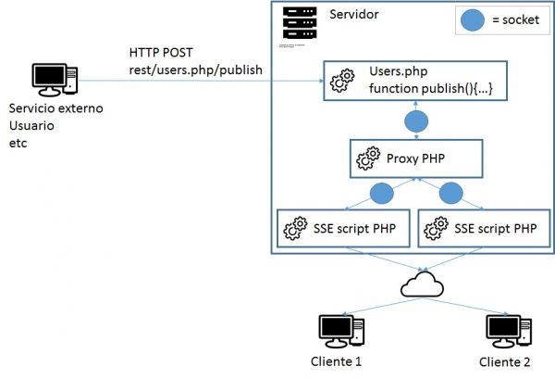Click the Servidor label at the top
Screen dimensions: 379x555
[354, 16]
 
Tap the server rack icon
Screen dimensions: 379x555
[297, 24]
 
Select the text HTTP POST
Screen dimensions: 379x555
[162, 53]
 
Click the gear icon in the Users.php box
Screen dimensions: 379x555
[342, 80]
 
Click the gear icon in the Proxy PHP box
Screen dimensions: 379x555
[367, 159]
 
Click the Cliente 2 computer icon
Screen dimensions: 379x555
[506, 330]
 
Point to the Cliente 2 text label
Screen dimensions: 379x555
[505, 361]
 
